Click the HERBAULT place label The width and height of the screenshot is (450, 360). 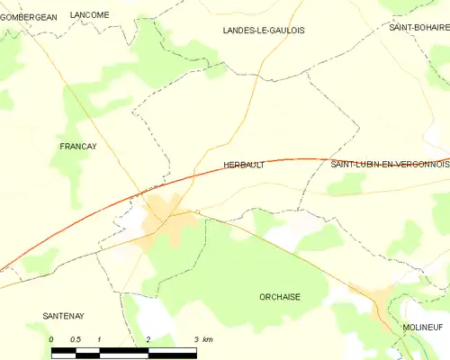[243, 166]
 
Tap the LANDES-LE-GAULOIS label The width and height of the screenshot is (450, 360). [263, 31]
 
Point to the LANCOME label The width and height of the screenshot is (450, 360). [89, 15]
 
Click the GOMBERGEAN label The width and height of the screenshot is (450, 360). [28, 16]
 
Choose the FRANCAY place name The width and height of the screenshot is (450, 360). [77, 146]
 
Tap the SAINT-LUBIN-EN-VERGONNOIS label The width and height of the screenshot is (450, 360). [390, 165]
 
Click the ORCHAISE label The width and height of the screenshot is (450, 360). [279, 297]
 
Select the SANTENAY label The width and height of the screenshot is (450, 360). [63, 316]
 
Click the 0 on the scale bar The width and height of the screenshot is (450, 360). [51, 339]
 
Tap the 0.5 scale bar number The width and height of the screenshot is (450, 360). [75, 339]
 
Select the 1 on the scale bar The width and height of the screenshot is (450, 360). [99, 339]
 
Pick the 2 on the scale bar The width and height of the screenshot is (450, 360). [147, 339]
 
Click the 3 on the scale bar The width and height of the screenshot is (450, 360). [194, 339]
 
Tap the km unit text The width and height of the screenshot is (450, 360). [208, 339]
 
